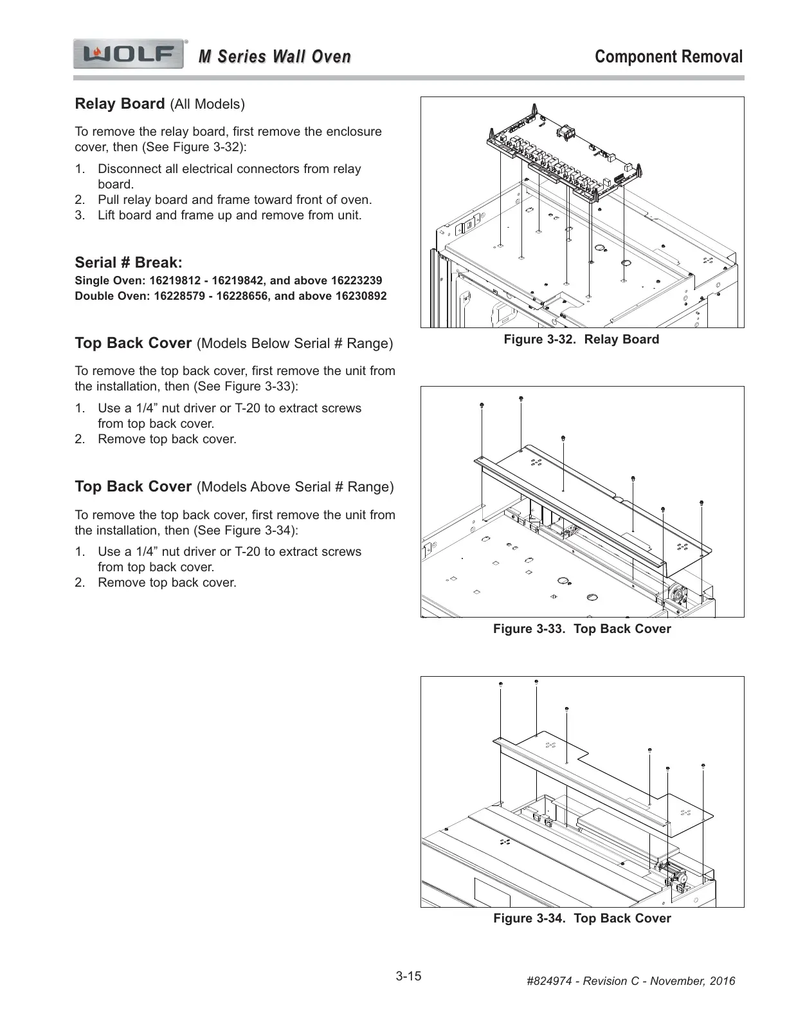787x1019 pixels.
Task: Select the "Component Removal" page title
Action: tap(668, 57)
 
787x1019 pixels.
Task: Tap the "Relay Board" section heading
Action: tap(120, 104)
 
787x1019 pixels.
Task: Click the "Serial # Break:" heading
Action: tap(129, 262)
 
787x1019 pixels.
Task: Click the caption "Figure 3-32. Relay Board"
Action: tap(581, 339)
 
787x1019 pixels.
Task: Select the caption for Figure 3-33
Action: tap(581, 629)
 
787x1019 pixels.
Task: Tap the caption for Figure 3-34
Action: tap(581, 918)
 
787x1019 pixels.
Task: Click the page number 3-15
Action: tap(408, 976)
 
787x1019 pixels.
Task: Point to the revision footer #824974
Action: tap(630, 981)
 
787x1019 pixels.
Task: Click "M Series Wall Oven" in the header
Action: tap(275, 57)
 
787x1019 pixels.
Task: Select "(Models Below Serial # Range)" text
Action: tap(294, 344)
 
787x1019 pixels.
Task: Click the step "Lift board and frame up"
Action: tap(230, 215)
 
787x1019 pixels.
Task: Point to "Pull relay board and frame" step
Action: tap(235, 199)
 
